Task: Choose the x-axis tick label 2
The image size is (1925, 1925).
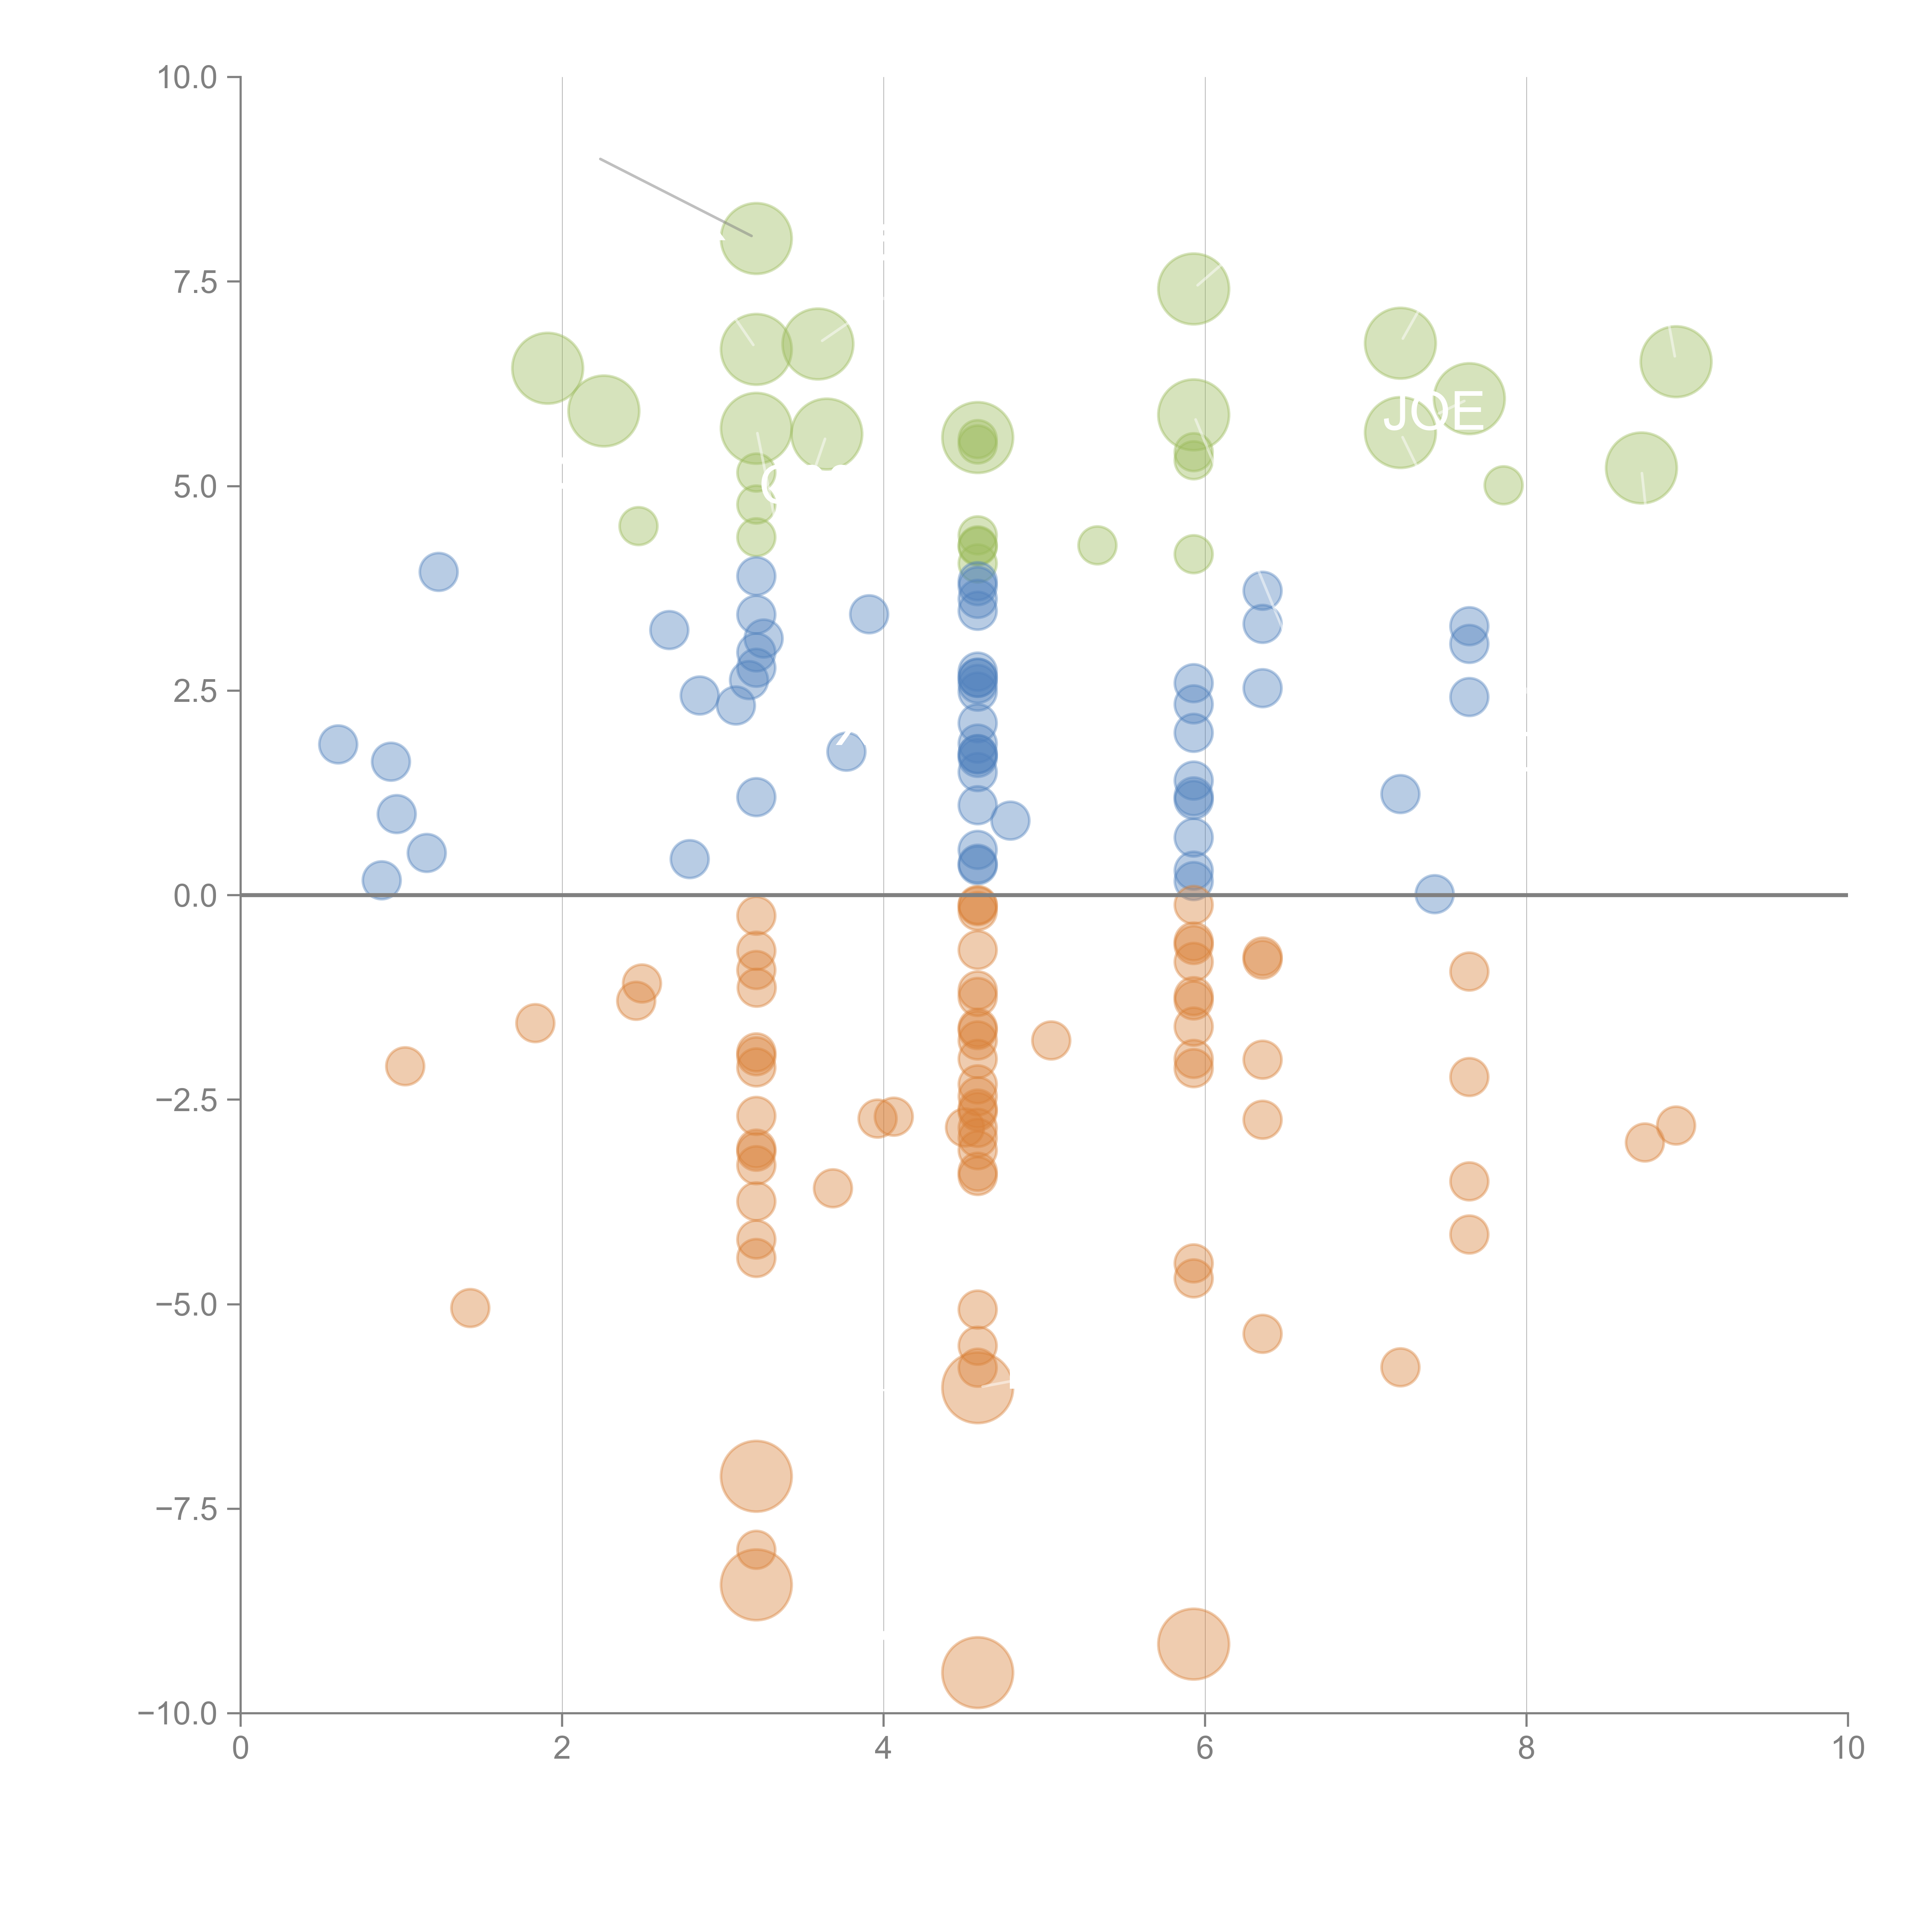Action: click(562, 1748)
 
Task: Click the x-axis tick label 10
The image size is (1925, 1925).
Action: click(1847, 1748)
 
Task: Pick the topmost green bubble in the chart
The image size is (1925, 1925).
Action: click(756, 238)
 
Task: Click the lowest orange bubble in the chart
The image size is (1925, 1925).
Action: click(978, 1673)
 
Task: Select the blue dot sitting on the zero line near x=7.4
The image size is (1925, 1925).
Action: click(1434, 894)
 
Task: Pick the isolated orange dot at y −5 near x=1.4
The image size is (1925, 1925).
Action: click(469, 1307)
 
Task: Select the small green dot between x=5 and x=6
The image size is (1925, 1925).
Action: click(1097, 545)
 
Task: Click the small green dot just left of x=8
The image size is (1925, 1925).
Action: click(1503, 485)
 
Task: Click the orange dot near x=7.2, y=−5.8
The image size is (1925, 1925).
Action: click(1400, 1367)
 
